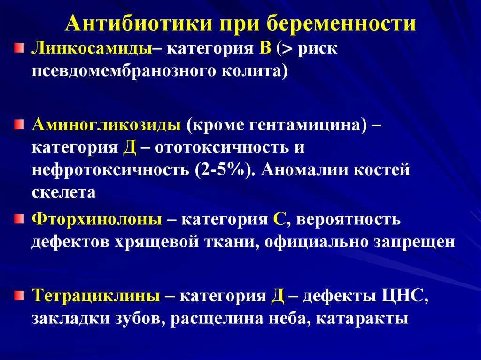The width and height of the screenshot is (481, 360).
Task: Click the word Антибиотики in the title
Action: [x=139, y=23]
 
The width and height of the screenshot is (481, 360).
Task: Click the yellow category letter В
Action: [x=265, y=49]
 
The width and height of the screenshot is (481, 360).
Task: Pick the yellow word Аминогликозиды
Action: [x=106, y=125]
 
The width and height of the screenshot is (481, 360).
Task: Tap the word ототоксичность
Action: [x=222, y=147]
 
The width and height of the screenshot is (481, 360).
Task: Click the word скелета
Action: [x=63, y=192]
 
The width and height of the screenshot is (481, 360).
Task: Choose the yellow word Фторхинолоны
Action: [x=97, y=220]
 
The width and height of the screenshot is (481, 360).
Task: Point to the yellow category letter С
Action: [x=279, y=220]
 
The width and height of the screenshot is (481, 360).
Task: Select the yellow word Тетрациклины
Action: [x=96, y=296]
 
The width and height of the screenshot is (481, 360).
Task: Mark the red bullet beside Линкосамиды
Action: [x=19, y=48]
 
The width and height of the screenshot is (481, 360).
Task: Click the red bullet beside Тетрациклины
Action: [x=19, y=295]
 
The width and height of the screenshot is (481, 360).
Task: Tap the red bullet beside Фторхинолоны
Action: [x=19, y=219]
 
